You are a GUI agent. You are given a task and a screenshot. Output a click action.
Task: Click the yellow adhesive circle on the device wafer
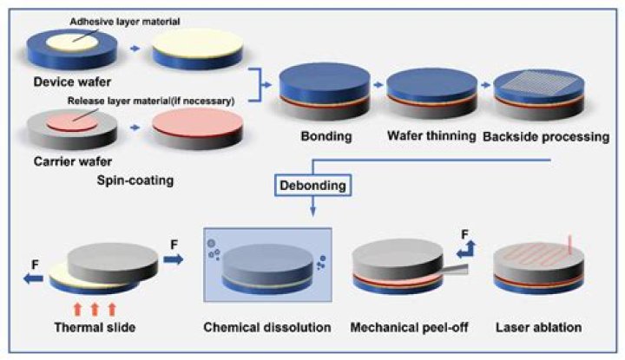(x=70, y=42)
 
